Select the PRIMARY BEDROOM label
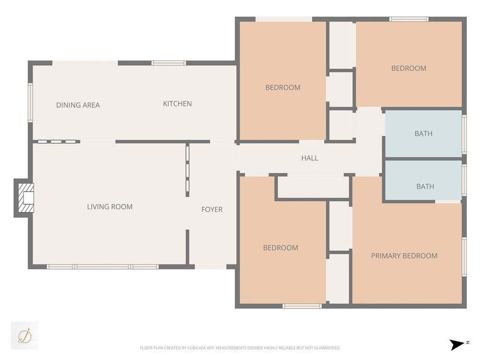tap(404, 255)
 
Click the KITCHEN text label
tap(177, 104)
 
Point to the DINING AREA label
tap(78, 105)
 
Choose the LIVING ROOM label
tap(110, 206)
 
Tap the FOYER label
tap(212, 210)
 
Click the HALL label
tap(309, 158)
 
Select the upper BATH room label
tap(423, 134)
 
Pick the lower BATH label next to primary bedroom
tap(425, 186)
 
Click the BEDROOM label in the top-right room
tap(409, 68)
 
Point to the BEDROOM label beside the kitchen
tap(283, 87)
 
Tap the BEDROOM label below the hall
tap(280, 247)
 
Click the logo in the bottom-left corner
tap(24, 335)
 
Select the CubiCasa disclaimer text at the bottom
tap(240, 348)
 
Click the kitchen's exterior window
tap(169, 63)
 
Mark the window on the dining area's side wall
tap(30, 102)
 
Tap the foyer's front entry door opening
tap(210, 267)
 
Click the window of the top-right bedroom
tap(409, 19)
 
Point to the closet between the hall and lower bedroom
tap(313, 187)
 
